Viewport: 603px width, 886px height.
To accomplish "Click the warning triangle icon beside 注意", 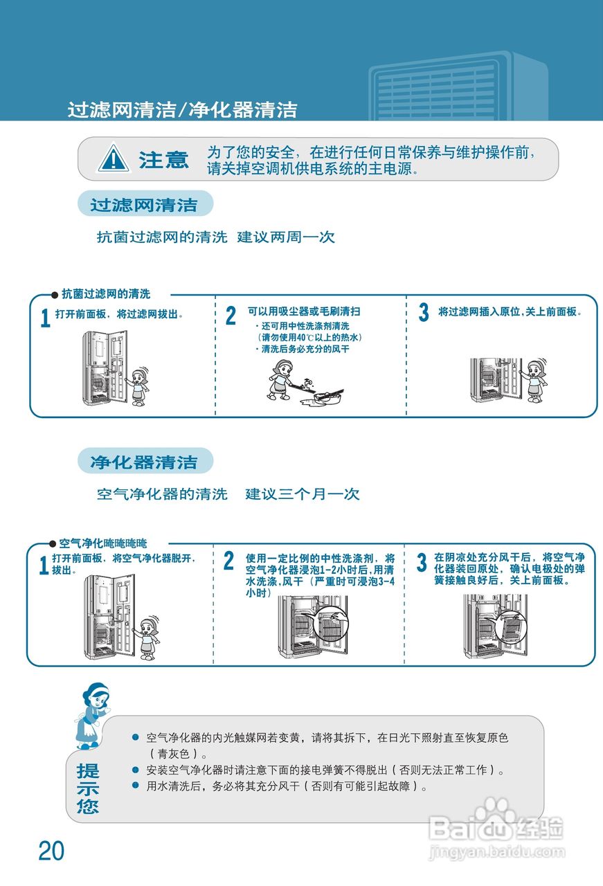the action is click(113, 159).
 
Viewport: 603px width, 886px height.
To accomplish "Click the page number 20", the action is click(51, 851).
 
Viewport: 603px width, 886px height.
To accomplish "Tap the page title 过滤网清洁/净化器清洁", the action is click(182, 110).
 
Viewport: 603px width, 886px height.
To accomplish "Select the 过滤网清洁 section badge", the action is click(144, 205).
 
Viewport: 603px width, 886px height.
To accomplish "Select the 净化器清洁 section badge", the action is click(144, 462).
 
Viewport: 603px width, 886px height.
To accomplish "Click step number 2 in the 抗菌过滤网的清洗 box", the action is click(231, 316).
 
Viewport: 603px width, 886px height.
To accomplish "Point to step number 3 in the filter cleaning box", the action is click(423, 313).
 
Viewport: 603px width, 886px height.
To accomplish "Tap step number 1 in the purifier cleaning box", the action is click(44, 566).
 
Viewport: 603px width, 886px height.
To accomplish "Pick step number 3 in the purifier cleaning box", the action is click(421, 562).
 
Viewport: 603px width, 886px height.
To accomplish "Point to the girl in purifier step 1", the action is click(147, 636).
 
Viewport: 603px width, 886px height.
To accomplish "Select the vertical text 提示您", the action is click(88, 788).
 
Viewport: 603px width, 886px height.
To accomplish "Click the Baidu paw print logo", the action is click(494, 816).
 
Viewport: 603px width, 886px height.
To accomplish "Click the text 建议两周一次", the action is click(286, 237).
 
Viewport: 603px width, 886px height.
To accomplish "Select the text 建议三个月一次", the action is click(303, 494).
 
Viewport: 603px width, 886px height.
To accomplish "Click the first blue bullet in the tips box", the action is click(136, 738).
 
